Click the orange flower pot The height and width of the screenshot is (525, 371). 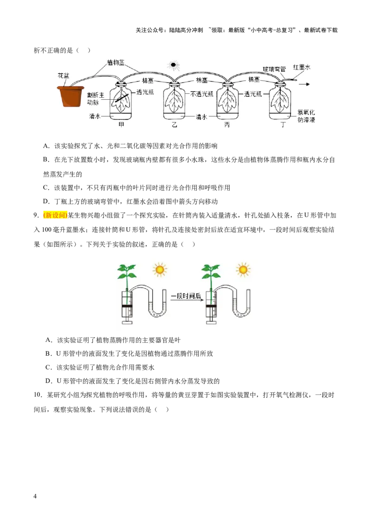[x=70, y=96]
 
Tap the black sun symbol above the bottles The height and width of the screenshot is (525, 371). [x=173, y=65]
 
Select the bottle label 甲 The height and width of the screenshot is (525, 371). [x=121, y=125]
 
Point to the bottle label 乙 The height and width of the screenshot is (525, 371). [x=174, y=125]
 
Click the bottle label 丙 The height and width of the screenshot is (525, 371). [x=227, y=125]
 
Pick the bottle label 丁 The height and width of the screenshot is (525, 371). [x=283, y=125]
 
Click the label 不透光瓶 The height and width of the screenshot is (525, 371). [x=202, y=94]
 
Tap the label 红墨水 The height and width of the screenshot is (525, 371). [x=302, y=67]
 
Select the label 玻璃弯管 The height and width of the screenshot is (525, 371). [x=274, y=69]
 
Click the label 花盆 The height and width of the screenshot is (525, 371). [x=63, y=76]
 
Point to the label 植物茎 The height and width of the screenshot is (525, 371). [x=116, y=62]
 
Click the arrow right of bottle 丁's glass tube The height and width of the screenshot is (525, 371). [x=304, y=84]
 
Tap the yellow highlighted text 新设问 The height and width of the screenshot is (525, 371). [x=55, y=215]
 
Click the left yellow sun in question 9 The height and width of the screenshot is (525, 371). [x=160, y=269]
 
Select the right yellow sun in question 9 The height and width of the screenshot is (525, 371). [x=243, y=269]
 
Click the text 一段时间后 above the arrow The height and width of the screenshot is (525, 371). [x=186, y=296]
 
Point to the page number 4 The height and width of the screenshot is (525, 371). [x=35, y=496]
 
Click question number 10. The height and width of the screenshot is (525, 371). [x=38, y=395]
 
